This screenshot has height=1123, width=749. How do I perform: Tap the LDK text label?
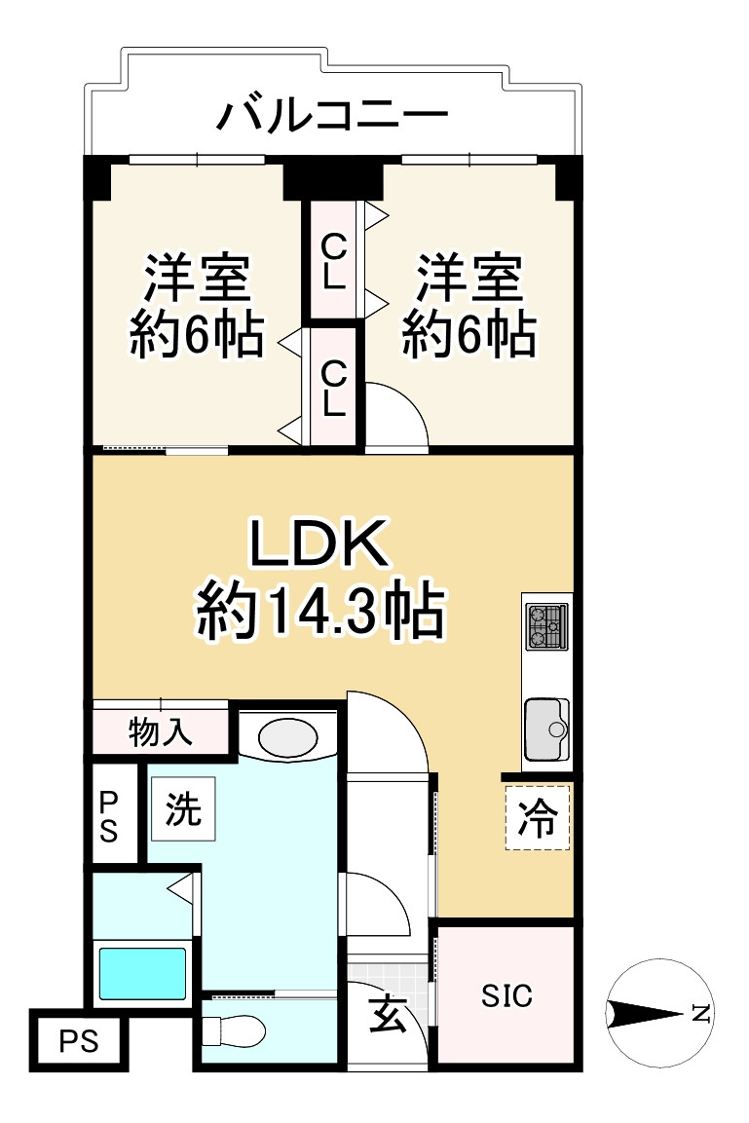(x=320, y=547)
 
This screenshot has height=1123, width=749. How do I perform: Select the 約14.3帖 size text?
(x=320, y=612)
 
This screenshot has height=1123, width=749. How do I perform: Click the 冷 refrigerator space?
(x=537, y=818)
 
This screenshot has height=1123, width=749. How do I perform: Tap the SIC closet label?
(x=507, y=996)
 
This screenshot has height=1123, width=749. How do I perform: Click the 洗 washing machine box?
(x=183, y=809)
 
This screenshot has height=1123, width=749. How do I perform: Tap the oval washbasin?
(x=286, y=736)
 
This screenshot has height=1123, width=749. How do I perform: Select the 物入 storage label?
(x=161, y=731)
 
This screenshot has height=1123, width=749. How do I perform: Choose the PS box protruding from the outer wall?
(x=79, y=1041)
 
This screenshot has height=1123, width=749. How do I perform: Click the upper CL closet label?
(x=333, y=258)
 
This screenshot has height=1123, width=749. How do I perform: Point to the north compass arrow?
(x=648, y=1014)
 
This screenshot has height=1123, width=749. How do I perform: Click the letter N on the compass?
(x=699, y=1014)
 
